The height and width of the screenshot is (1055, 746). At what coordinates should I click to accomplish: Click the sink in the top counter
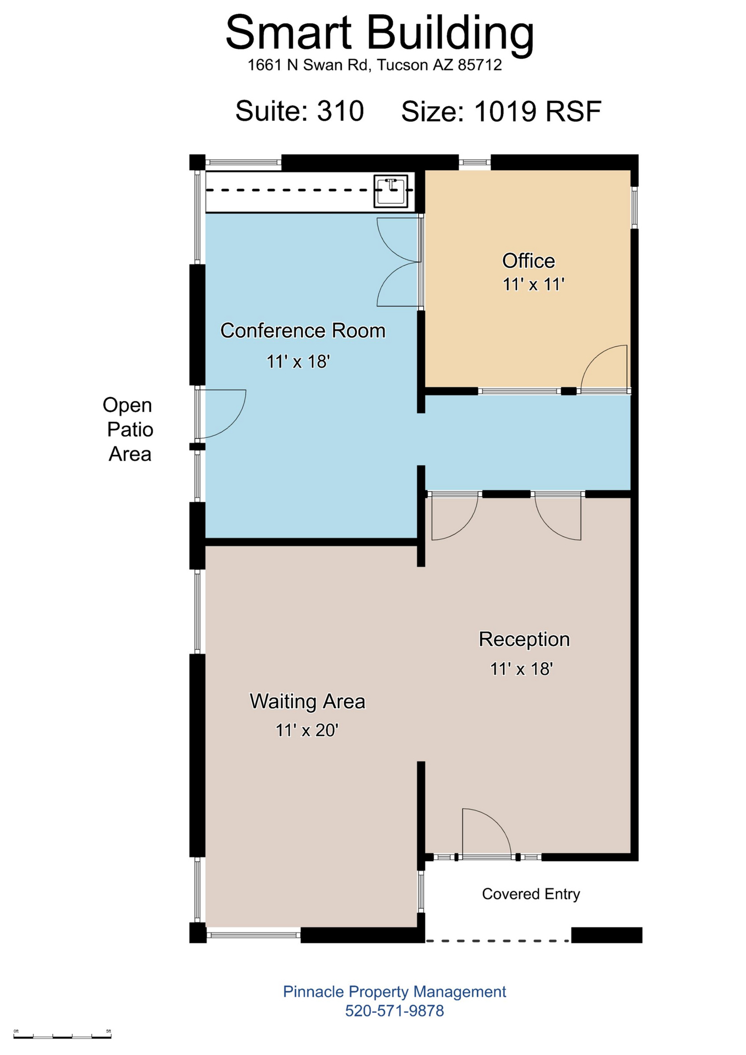[391, 191]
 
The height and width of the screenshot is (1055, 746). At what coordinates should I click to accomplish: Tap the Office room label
[528, 261]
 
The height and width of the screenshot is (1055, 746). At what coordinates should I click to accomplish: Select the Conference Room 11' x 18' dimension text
[298, 362]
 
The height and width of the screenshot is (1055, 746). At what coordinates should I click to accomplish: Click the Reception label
[524, 640]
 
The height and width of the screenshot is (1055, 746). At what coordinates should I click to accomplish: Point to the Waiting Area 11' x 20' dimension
[307, 730]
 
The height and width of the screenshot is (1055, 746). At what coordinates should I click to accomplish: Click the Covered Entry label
[531, 894]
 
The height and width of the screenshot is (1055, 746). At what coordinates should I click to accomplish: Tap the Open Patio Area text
[128, 429]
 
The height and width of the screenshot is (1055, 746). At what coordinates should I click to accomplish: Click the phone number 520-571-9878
[394, 1011]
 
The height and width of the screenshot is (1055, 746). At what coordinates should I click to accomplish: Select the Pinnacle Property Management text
[394, 992]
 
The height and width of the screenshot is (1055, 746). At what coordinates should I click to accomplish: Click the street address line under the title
[375, 65]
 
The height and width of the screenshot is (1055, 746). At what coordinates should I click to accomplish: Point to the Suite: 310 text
[299, 111]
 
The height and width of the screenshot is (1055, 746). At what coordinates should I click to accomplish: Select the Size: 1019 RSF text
[501, 112]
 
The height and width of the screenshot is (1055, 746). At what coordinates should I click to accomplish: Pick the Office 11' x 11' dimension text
[533, 285]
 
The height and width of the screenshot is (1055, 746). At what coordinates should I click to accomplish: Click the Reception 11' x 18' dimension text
[521, 669]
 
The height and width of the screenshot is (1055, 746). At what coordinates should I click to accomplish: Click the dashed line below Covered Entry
[498, 941]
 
